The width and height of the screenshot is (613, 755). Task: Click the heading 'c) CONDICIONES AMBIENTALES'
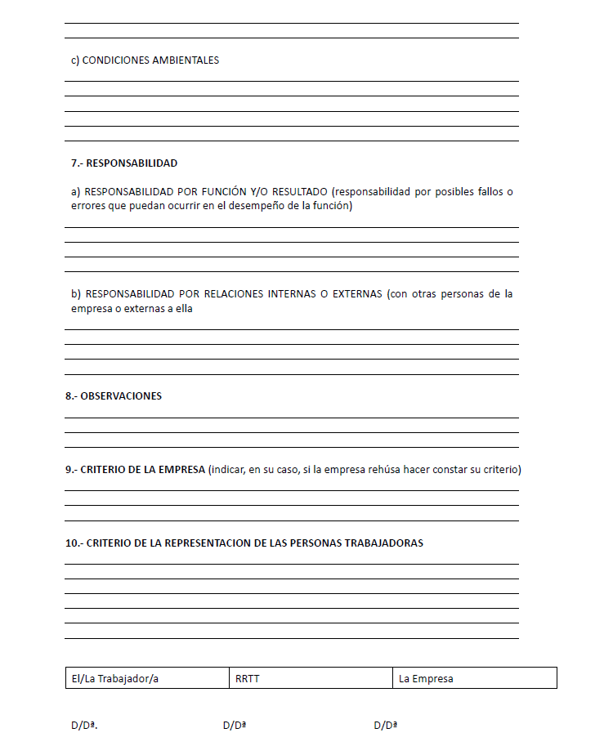(145, 60)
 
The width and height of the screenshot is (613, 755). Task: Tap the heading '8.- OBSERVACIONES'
(114, 396)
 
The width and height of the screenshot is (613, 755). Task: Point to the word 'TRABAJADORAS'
(385, 543)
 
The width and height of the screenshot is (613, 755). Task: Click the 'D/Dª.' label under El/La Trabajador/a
(84, 726)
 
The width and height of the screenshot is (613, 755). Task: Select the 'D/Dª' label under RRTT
(235, 726)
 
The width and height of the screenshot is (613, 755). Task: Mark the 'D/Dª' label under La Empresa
(386, 726)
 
